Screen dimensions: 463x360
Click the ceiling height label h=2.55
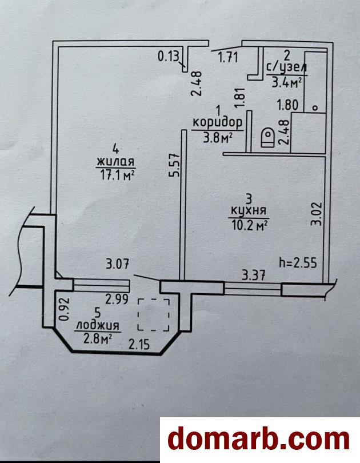297,264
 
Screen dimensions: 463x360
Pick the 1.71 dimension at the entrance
228,55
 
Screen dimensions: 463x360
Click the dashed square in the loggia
154,315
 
